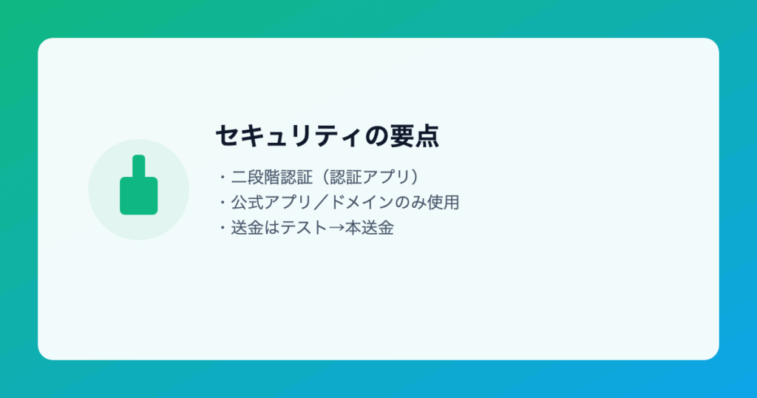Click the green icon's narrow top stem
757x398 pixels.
click(138, 166)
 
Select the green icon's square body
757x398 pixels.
click(138, 195)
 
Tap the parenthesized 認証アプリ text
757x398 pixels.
click(370, 177)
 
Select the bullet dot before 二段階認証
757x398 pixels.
click(223, 177)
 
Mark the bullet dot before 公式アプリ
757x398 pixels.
click(223, 203)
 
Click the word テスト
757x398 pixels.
click(304, 228)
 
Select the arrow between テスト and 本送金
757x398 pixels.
click(336, 228)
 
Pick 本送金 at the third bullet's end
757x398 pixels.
click(370, 228)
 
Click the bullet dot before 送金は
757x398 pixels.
click(223, 228)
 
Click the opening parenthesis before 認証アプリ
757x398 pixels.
click(325, 177)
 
